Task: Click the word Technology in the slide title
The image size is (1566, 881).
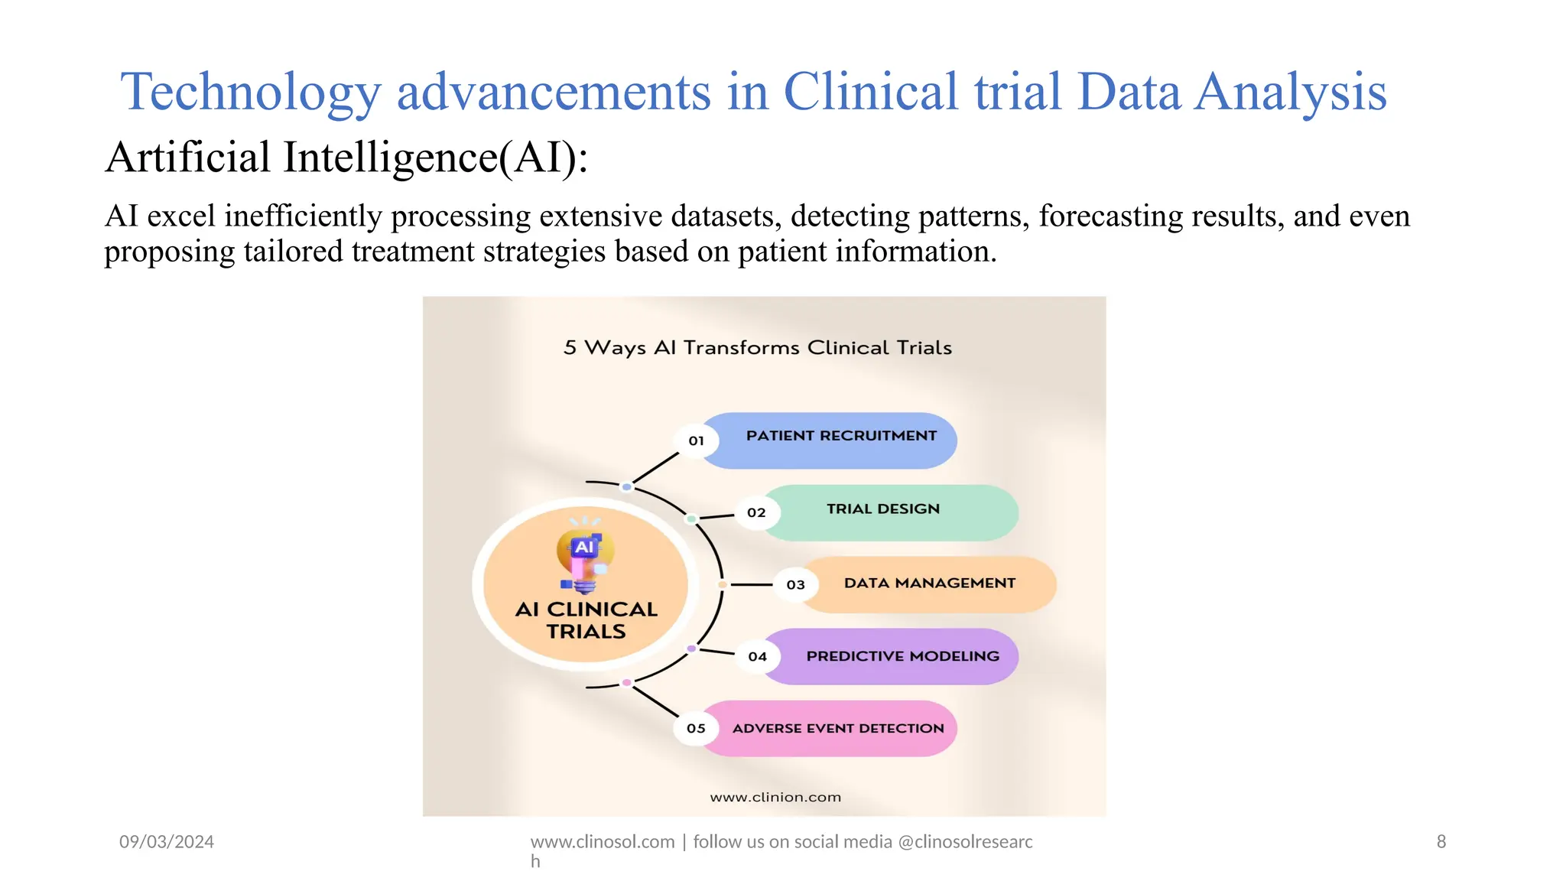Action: coord(250,93)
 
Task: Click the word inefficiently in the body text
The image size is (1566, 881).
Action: coord(303,216)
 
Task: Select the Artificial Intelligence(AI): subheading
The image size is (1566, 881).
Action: coord(346,158)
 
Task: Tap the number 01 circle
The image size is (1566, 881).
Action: coord(696,440)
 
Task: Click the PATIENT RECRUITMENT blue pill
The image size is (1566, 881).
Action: coord(841,440)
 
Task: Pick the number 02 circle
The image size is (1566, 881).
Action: coord(756,512)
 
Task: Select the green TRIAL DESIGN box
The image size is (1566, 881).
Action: coord(887,512)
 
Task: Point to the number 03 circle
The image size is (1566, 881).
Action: coord(795,584)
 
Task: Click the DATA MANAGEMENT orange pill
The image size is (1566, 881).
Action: coord(929,584)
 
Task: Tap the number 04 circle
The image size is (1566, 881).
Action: coord(757,656)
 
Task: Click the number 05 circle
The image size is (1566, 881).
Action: coord(696,728)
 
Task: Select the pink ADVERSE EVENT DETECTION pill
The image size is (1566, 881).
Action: coord(837,728)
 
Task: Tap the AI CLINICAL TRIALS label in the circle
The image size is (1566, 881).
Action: coord(586,620)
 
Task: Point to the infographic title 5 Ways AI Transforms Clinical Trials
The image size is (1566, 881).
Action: coord(758,348)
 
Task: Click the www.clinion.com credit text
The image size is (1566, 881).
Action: coord(775,797)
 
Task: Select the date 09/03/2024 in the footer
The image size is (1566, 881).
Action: coord(167,842)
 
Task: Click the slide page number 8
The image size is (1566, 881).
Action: coord(1441,842)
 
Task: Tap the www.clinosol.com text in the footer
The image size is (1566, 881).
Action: coord(603,842)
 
